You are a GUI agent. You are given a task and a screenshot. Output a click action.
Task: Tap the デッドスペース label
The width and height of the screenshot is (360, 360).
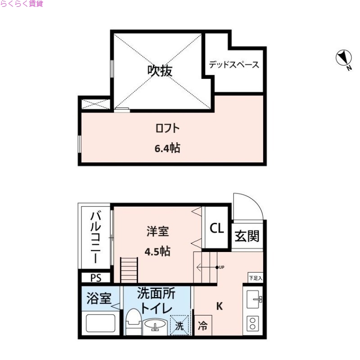(x=234, y=65)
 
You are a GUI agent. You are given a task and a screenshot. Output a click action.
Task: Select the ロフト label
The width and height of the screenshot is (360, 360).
(x=167, y=128)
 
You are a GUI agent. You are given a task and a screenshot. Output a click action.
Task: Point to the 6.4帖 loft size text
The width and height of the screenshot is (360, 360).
(x=167, y=148)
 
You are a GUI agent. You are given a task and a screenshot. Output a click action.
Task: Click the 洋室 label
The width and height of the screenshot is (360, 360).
(x=157, y=232)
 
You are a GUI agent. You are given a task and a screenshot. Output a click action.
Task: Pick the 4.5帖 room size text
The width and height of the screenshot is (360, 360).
(x=157, y=251)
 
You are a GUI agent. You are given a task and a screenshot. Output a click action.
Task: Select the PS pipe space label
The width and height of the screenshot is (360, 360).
(x=96, y=278)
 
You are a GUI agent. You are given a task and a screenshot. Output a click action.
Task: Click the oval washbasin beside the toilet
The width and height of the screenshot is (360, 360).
(x=155, y=324)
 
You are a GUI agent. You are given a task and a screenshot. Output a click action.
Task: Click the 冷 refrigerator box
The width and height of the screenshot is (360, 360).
(x=203, y=326)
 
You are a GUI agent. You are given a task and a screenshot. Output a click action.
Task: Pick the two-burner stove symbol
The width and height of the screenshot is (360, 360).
(x=253, y=324)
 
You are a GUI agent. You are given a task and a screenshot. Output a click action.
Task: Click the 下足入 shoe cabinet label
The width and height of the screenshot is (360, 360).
(x=255, y=278)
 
